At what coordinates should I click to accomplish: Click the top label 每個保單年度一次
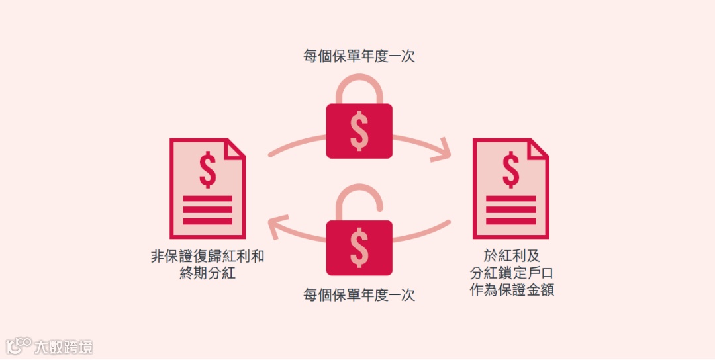pos(359,57)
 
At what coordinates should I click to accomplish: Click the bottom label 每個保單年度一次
pos(359,295)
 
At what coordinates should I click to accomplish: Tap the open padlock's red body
pos(359,247)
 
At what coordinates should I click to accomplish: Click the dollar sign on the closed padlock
pos(359,131)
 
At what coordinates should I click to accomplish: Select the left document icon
pos(207,188)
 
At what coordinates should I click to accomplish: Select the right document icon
pos(510,188)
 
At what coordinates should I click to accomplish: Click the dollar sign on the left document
pos(208,170)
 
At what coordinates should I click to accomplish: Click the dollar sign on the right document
pos(510,170)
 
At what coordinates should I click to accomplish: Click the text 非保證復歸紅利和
pos(207,257)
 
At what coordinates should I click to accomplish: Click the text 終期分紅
pos(207,273)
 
